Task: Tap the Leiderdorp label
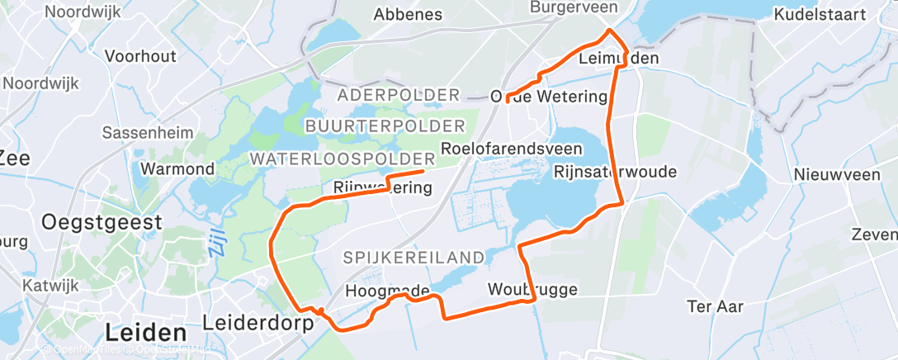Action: (x=259, y=323)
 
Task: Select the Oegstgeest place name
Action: (x=102, y=221)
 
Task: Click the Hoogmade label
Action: (x=387, y=291)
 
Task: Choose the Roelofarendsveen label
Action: (x=512, y=149)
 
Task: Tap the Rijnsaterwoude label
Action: (x=616, y=172)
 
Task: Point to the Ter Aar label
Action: (x=716, y=307)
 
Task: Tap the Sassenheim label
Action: (x=147, y=132)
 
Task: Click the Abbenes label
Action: (x=408, y=14)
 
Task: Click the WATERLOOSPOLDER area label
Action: (x=343, y=158)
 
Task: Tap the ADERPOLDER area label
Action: (x=398, y=95)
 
